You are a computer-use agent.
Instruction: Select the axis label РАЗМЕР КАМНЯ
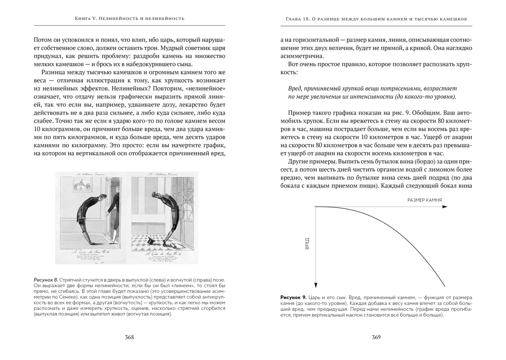(x=425, y=200)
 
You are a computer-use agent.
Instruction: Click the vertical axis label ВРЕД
(x=307, y=243)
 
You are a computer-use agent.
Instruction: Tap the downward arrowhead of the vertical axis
(x=315, y=286)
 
